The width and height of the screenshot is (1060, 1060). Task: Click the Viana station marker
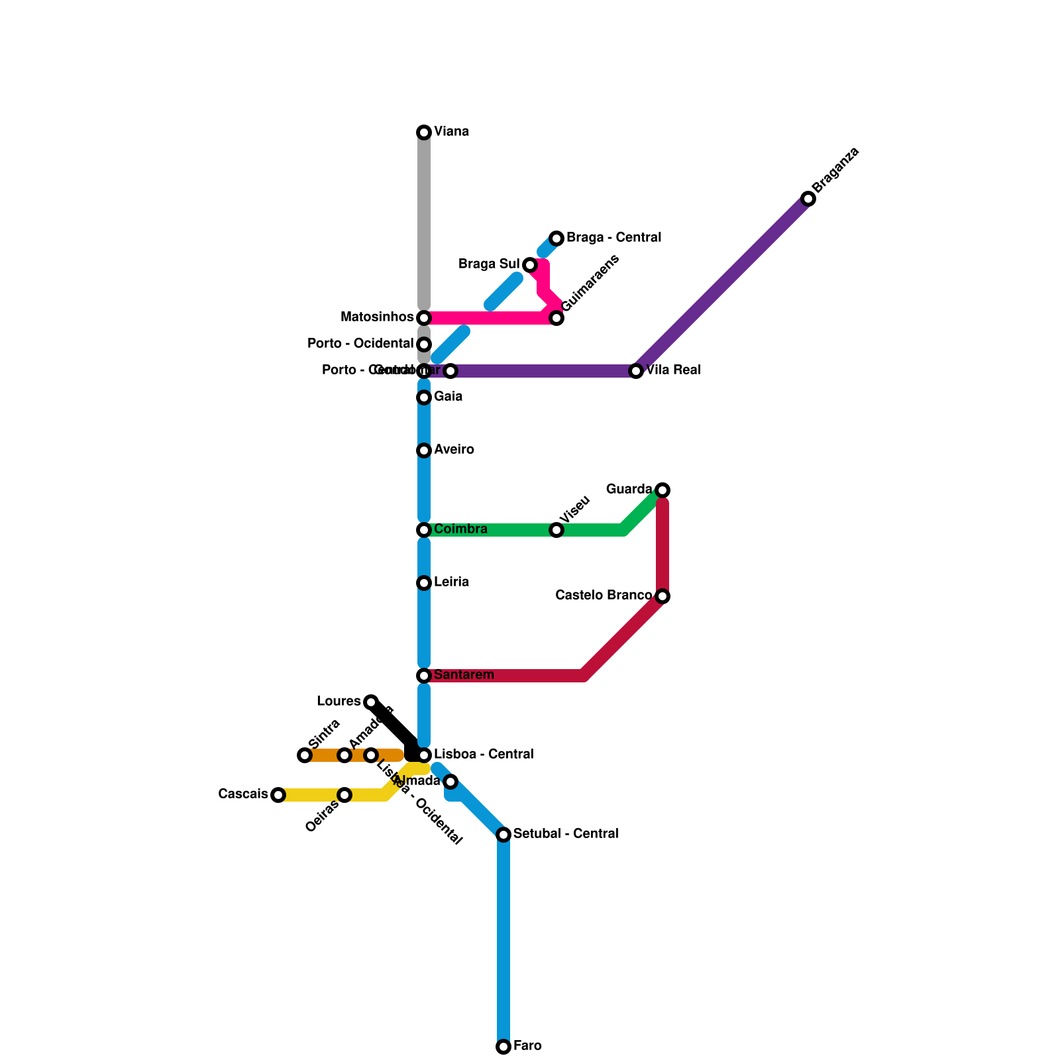[424, 132]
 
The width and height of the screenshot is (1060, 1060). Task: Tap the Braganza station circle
[808, 199]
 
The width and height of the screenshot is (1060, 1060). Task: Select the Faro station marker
[503, 1047]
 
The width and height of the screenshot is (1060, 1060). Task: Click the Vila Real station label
[673, 370]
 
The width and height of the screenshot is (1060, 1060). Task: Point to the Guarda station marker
[662, 490]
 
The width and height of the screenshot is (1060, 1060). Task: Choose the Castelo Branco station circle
[662, 596]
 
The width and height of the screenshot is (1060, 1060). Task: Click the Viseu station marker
[556, 530]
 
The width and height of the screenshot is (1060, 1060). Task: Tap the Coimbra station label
[460, 529]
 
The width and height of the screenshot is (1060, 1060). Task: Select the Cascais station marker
[278, 795]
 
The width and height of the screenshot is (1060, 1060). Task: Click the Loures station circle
[371, 702]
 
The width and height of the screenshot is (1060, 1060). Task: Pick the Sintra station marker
[305, 755]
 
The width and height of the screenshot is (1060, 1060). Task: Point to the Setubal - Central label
[566, 834]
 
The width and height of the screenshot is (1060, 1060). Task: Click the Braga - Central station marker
[556, 238]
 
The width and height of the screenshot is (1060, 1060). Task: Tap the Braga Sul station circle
[530, 265]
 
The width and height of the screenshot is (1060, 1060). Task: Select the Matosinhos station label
[377, 317]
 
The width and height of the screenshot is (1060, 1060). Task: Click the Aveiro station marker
[424, 450]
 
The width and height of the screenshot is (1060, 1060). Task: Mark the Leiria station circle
[424, 583]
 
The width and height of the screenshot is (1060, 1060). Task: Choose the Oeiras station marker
[344, 795]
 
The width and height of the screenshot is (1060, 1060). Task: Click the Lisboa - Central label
[484, 755]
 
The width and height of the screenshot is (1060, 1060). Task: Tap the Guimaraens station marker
[556, 318]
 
